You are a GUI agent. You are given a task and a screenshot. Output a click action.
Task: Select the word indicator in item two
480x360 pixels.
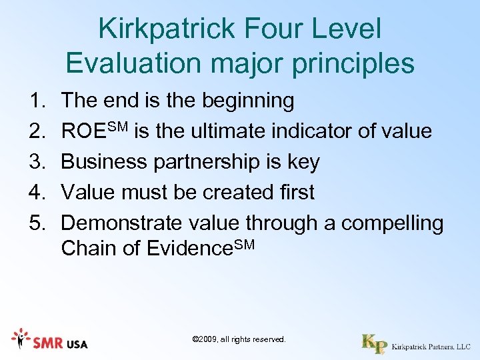(313, 131)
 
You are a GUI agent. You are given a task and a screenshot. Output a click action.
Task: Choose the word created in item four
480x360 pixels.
(235, 193)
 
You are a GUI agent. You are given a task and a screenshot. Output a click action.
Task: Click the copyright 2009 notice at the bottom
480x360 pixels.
(239, 339)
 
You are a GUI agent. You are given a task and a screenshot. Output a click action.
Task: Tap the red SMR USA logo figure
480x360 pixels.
(21, 339)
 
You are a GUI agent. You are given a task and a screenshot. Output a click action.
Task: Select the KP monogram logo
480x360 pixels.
(374, 343)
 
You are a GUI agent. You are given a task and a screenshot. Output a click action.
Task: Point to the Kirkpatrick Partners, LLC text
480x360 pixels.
(431, 347)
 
